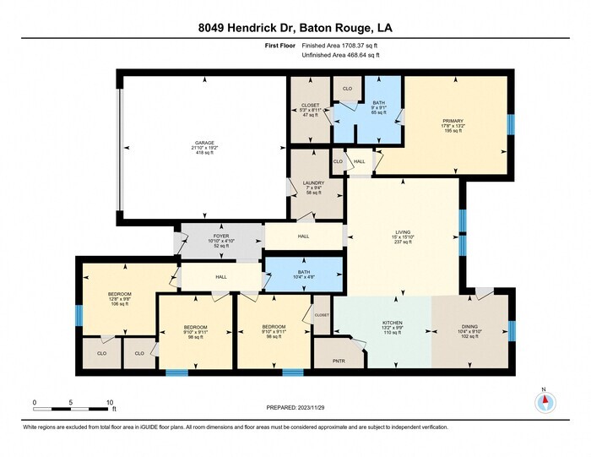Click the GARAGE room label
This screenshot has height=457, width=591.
203,143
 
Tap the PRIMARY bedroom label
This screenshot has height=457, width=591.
453,121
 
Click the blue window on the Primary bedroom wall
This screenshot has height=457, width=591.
510,124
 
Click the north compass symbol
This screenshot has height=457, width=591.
545,401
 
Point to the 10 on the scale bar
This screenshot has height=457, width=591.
110,402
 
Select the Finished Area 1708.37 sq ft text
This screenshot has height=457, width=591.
340,46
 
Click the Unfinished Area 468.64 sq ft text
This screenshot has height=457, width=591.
340,55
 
